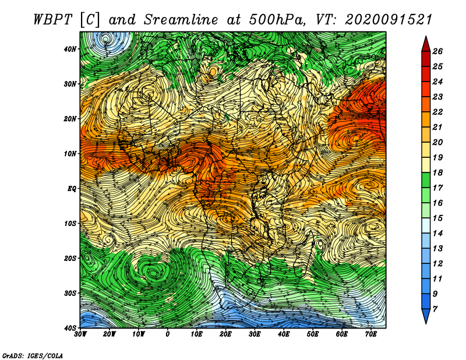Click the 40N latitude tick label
coord(70,49)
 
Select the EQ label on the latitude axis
coord(72,189)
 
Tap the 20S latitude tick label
coord(70,258)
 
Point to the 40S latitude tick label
coord(70,328)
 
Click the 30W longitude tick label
coord(80,334)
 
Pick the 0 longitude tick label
coord(167,334)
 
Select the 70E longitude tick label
coord(371,334)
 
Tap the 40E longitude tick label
coord(284,334)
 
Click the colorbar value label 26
coord(437,51)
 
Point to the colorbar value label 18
coord(437,172)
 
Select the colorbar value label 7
coord(435,309)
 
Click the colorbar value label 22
coord(437,112)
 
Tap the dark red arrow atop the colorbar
coord(426,44)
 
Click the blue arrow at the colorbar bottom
coord(426,316)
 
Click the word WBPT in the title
coord(53,20)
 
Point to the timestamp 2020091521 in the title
coord(388,20)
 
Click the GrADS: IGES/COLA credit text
coord(33,356)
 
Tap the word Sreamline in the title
coord(181,20)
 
